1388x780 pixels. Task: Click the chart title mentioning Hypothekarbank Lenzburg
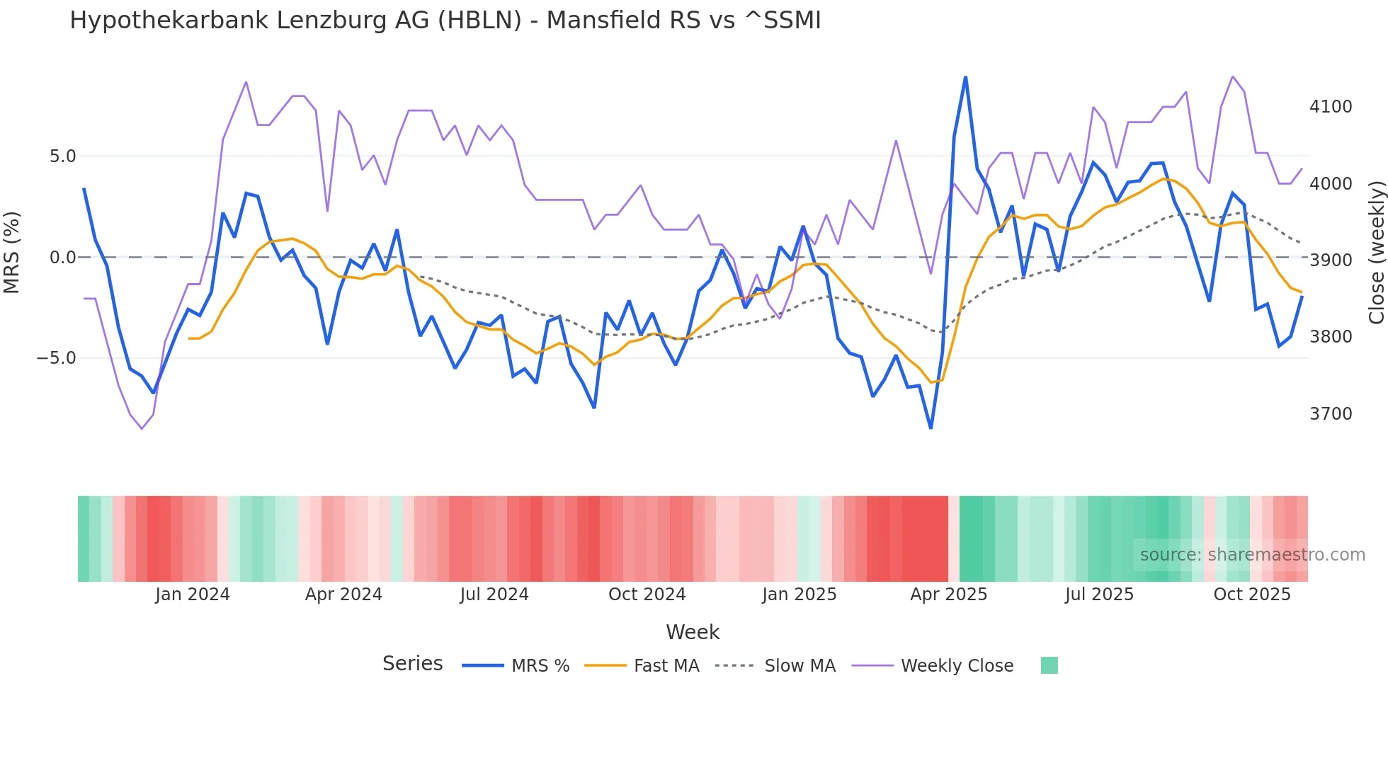click(445, 21)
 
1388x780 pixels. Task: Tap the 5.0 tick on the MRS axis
click(62, 156)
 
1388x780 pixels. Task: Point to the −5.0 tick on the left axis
click(56, 358)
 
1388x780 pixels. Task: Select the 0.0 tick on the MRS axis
click(62, 258)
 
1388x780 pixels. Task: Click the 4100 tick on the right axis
click(1331, 107)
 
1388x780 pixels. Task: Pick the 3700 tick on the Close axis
click(1331, 414)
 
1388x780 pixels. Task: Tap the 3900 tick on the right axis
click(1331, 260)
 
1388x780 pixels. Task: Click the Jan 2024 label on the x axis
click(193, 595)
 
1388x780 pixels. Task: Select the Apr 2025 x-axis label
click(948, 595)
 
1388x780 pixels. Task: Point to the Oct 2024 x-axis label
click(647, 595)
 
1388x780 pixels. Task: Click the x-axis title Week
click(693, 632)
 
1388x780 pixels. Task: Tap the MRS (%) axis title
click(12, 252)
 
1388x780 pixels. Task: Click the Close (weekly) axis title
click(1376, 252)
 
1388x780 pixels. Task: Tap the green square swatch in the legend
click(1049, 665)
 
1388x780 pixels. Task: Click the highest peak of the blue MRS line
click(965, 77)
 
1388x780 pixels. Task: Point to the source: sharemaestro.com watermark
click(1252, 555)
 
